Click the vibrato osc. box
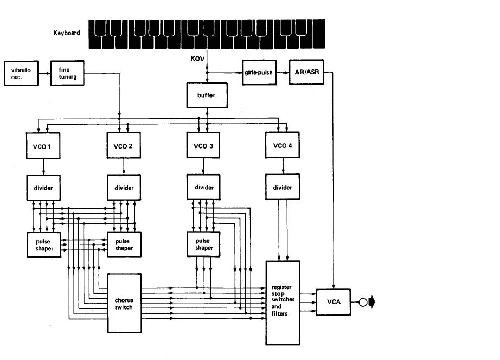21,73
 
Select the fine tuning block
67,73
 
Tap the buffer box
207,95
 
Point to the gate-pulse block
259,73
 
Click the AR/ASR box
306,72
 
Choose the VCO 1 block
43,146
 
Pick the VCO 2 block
124,145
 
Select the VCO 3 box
203,145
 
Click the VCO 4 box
282,145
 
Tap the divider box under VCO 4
283,187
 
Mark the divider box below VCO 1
43,188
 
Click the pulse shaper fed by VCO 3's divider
203,245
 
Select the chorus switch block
124,303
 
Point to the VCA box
333,302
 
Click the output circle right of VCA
363,302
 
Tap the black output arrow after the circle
372,302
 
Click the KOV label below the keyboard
197,59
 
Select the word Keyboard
67,33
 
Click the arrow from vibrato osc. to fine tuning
44,73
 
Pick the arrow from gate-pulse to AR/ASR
283,73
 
